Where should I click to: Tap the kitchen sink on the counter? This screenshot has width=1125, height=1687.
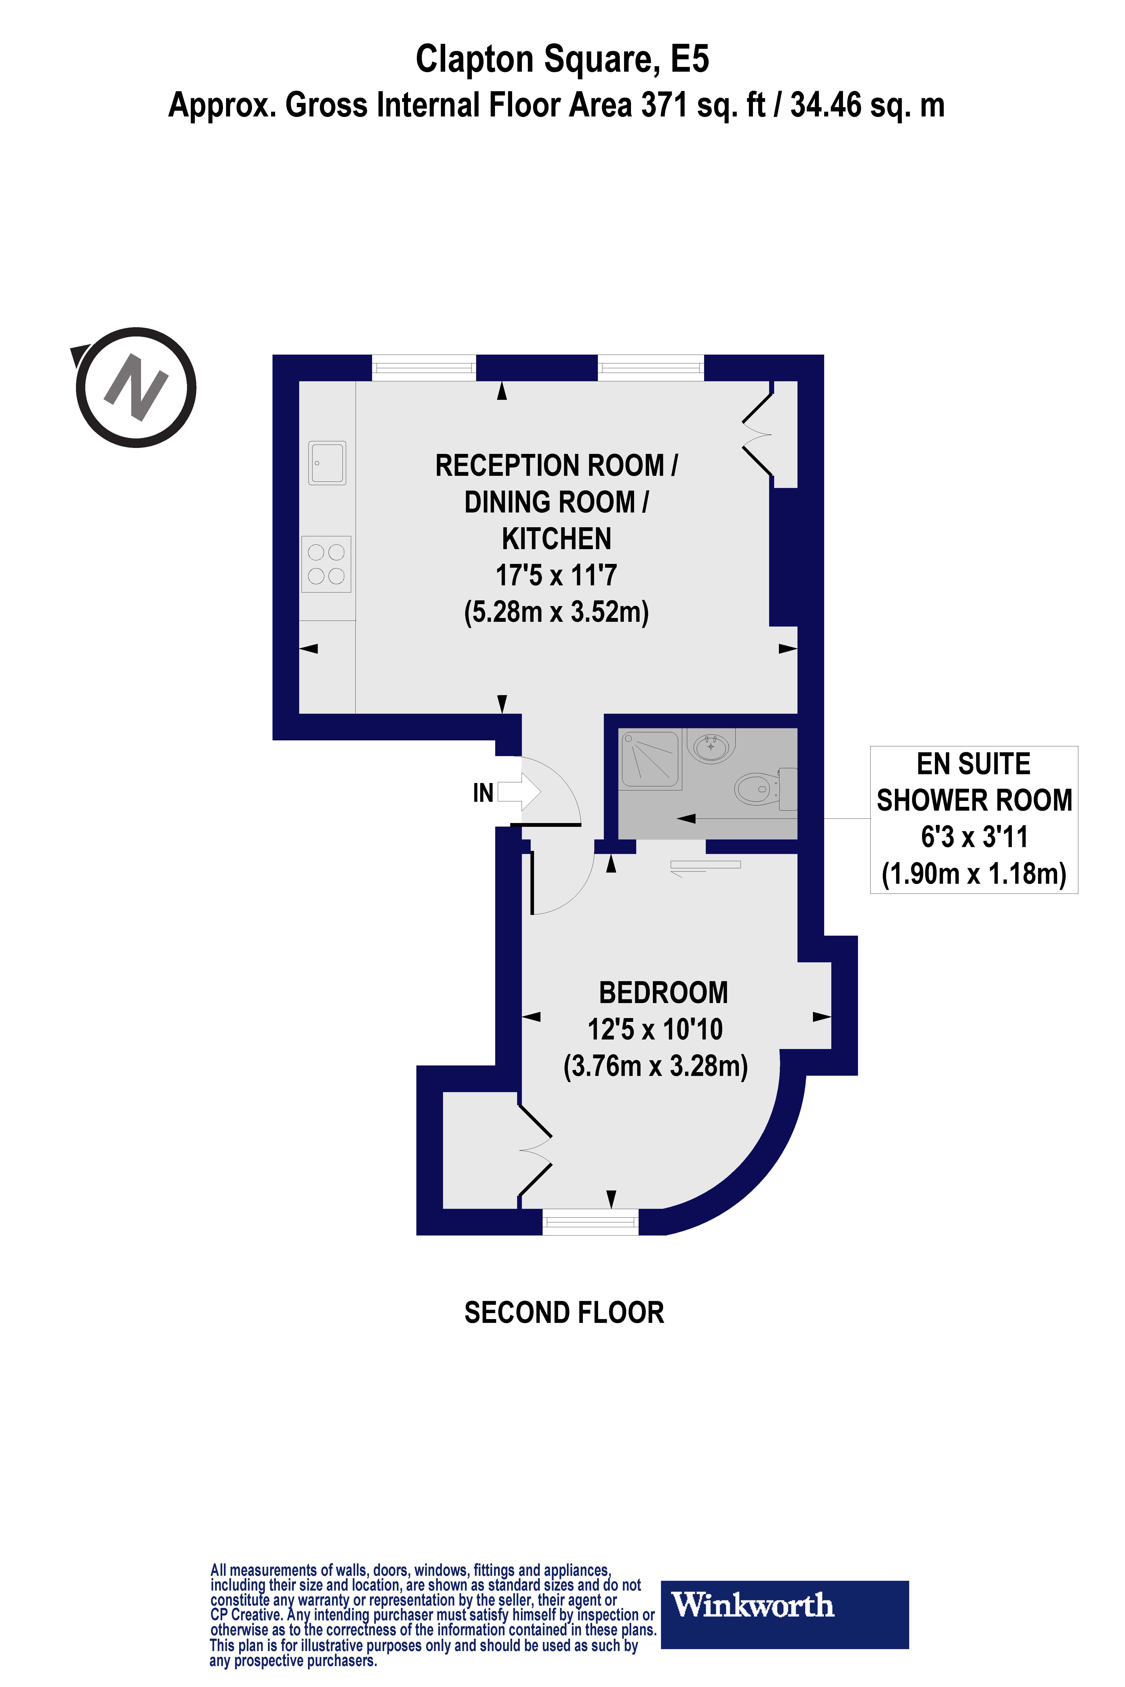[327, 463]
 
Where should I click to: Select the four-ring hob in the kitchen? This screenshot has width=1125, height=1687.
[327, 564]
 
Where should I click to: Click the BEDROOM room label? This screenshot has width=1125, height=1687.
[663, 993]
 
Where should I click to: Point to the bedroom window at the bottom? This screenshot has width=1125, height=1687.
[590, 1221]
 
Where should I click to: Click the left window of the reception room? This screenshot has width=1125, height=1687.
[424, 368]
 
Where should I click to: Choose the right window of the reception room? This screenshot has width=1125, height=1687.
[651, 368]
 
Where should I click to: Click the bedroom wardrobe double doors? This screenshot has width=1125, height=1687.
[535, 1150]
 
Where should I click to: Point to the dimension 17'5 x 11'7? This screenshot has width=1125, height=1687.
[556, 575]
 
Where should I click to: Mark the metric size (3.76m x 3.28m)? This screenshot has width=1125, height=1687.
[655, 1066]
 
